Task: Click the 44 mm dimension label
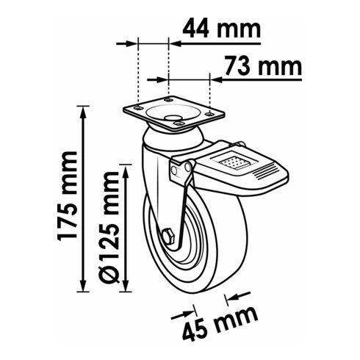pyautogui.click(x=222, y=29)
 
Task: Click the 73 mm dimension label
pyautogui.click(x=263, y=65)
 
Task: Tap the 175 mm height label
pyautogui.click(x=67, y=196)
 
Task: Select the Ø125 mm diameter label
pyautogui.click(x=109, y=227)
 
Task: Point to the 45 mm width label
pyautogui.click(x=220, y=323)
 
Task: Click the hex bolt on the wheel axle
pyautogui.click(x=168, y=236)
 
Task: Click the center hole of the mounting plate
pyautogui.click(x=170, y=118)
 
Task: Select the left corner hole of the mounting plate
pyautogui.click(x=138, y=108)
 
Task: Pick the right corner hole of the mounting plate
pyautogui.click(x=209, y=114)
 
